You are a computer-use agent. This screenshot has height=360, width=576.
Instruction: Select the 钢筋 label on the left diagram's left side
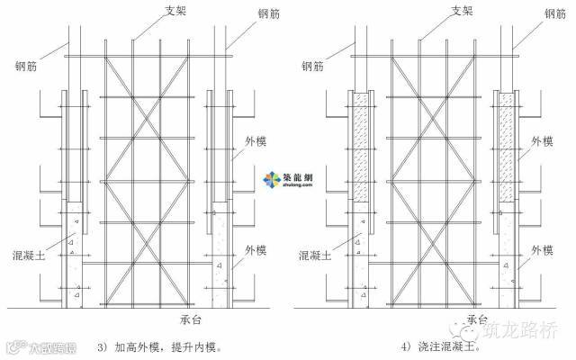(26, 66)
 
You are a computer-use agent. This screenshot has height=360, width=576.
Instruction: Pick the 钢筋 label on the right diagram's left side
(313, 66)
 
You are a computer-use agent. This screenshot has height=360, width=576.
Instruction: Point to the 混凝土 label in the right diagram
(318, 256)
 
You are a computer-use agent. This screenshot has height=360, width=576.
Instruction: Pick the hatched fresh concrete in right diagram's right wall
(504, 148)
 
